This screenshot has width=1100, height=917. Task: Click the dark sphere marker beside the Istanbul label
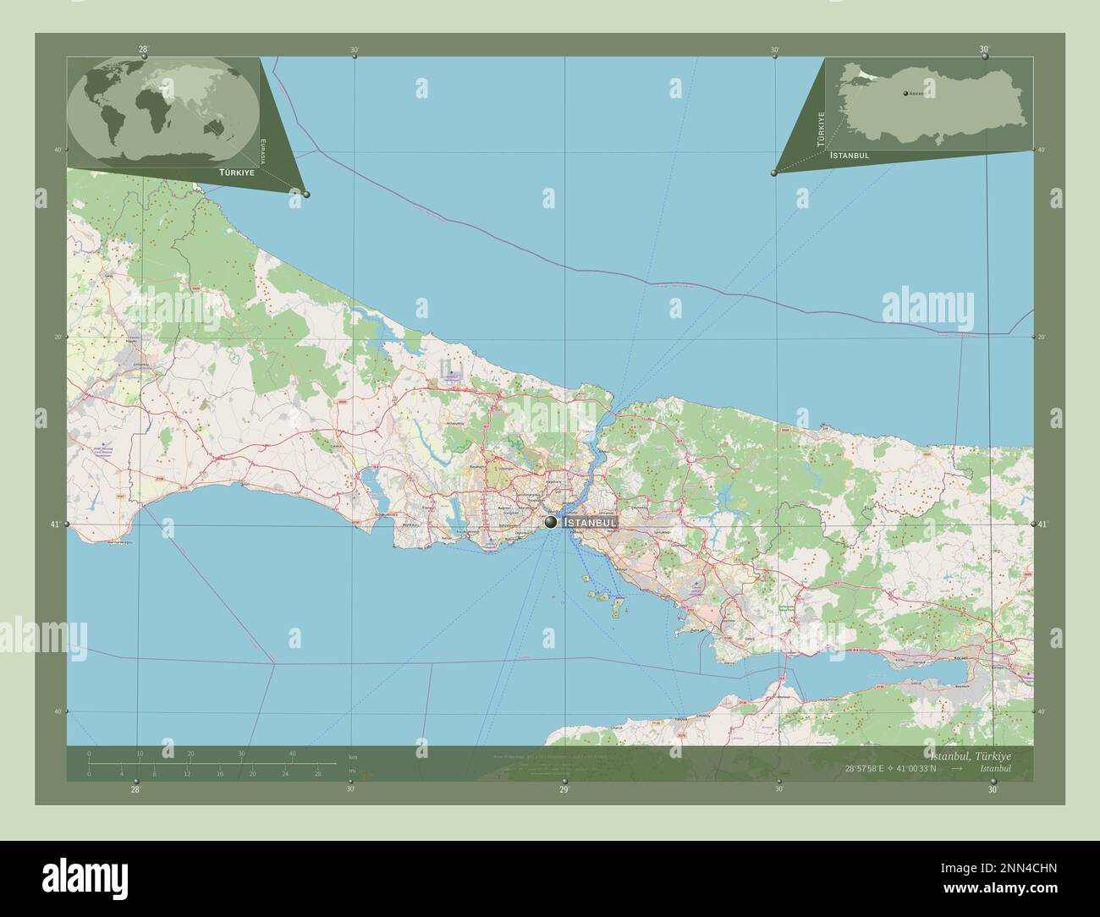click(552, 523)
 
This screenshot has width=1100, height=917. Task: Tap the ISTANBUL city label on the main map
click(590, 524)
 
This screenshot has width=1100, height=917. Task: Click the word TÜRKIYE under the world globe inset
click(237, 172)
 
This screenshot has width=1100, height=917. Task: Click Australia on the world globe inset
click(228, 127)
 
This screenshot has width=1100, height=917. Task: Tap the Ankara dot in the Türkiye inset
click(906, 93)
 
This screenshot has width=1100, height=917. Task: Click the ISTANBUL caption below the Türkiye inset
click(850, 156)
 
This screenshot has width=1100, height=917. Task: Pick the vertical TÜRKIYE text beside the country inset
click(819, 129)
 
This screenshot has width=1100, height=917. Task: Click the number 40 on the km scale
click(292, 753)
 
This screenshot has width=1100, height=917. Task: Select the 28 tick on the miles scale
click(317, 773)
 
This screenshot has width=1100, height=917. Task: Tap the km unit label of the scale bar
click(354, 756)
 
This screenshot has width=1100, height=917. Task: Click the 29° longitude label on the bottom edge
click(563, 789)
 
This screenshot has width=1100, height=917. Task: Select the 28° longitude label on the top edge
click(143, 49)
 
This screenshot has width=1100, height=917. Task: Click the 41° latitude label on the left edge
click(56, 525)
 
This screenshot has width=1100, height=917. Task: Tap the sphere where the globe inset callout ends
click(306, 195)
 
